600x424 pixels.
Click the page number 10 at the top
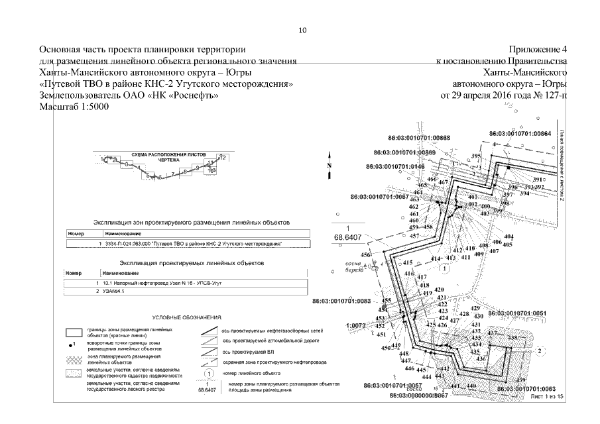(x=302, y=30)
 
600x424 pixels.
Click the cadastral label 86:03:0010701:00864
(x=520, y=134)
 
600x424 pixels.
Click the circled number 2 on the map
(x=540, y=350)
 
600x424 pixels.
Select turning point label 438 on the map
(x=512, y=338)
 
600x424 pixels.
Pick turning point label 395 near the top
(x=475, y=156)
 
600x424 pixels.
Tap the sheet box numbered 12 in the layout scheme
(x=223, y=157)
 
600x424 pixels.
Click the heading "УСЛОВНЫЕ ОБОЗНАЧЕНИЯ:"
(x=187, y=318)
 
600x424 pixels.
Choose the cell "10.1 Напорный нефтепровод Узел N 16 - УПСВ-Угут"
(x=158, y=283)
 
